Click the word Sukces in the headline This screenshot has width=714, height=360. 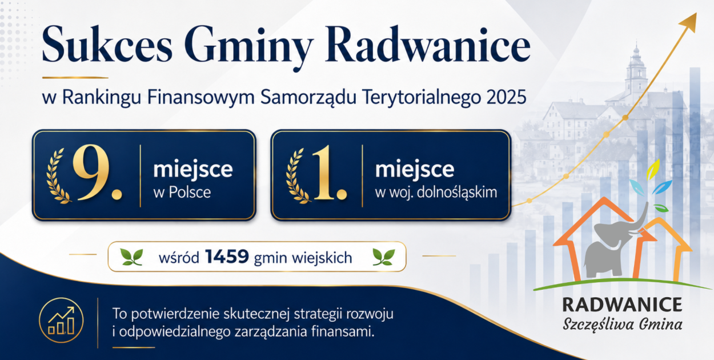[x=107, y=45]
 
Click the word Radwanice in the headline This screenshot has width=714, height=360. [x=428, y=45]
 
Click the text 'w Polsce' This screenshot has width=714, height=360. [x=182, y=192]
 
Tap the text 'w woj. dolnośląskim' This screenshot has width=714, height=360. [x=436, y=193]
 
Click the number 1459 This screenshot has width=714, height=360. [x=227, y=257]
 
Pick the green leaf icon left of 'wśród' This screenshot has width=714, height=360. [x=131, y=257]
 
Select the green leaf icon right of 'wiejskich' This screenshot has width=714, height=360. [x=384, y=257]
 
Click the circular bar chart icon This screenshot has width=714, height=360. [x=61, y=320]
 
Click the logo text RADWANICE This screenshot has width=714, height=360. [x=622, y=305]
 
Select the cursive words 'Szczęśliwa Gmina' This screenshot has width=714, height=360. [x=622, y=325]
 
